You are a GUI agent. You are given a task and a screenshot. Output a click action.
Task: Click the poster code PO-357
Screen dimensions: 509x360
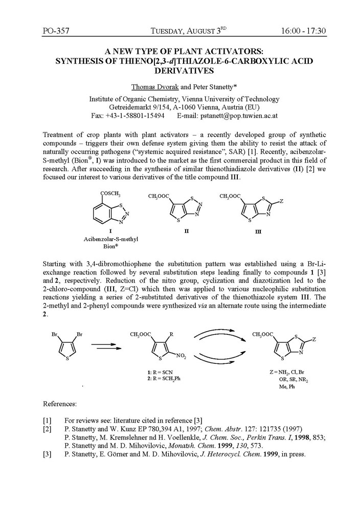coord(56,31)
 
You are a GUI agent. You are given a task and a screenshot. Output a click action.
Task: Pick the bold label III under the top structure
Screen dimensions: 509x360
coord(258,232)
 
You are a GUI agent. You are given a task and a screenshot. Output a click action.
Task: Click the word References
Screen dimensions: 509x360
coord(60,404)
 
